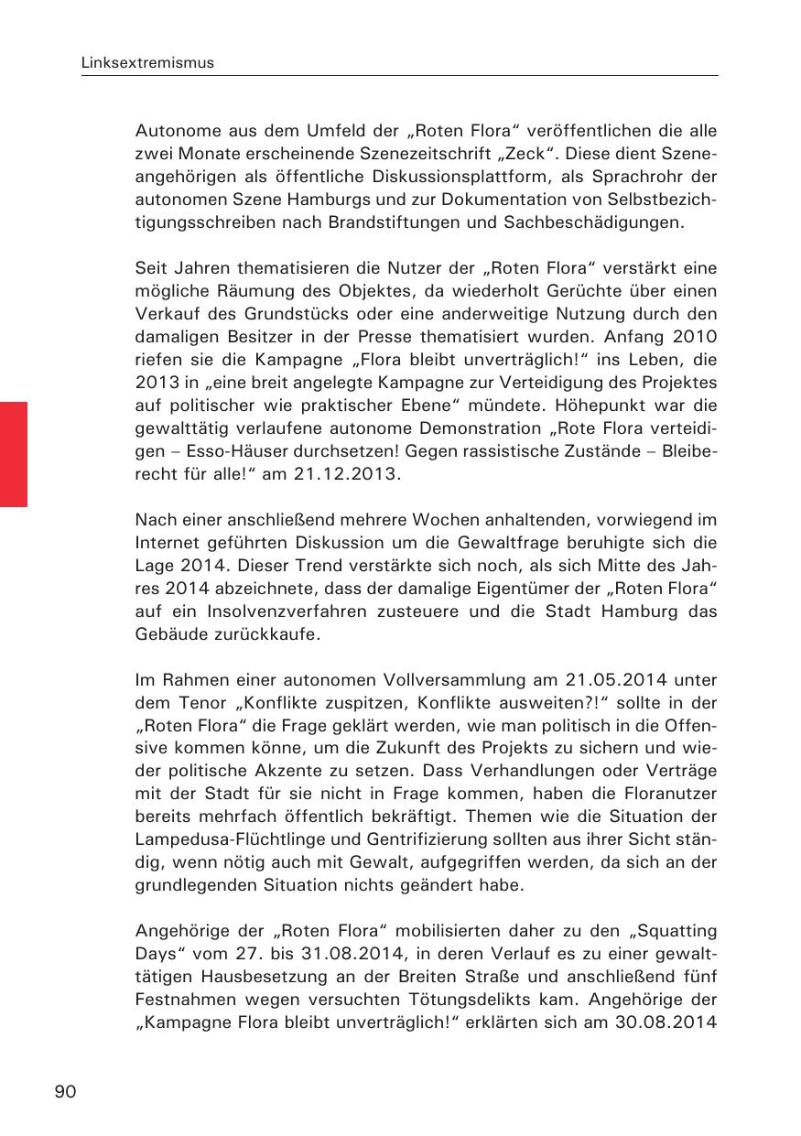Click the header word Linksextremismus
(147, 63)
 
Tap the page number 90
(66, 1091)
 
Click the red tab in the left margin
(14, 453)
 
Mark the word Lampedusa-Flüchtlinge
(218, 839)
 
